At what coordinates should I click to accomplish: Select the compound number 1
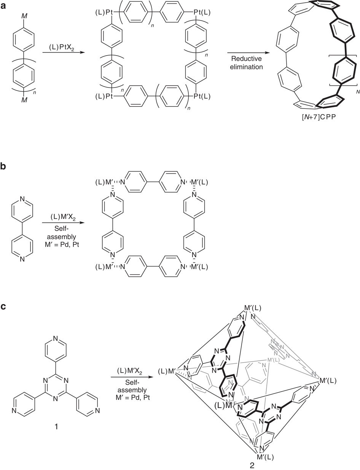56,427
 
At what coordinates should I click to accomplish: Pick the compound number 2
252,465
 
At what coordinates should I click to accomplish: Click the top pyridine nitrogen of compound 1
56,338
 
